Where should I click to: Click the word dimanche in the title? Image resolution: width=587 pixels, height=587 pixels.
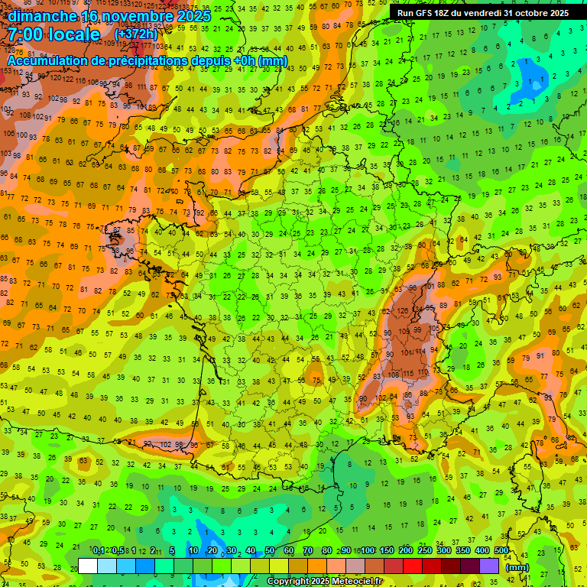tap(41, 16)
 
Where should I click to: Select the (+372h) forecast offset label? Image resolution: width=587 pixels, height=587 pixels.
tap(137, 34)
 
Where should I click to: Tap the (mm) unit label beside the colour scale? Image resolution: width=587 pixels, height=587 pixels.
tap(517, 566)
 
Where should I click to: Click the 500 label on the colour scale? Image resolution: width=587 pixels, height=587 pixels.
tap(501, 551)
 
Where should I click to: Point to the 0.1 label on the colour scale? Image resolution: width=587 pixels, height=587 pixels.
tap(99, 551)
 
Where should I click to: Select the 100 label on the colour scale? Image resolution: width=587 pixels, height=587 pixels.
tap(368, 551)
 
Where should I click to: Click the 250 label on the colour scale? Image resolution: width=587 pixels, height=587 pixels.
tap(425, 551)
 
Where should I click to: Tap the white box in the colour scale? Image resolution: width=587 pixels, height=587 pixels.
tap(88, 566)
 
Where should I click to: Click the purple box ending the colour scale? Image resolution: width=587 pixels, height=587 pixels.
tap(489, 566)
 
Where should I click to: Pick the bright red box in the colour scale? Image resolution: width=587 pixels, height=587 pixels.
tap(413, 566)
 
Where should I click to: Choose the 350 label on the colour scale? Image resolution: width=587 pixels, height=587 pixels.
tap(463, 551)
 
